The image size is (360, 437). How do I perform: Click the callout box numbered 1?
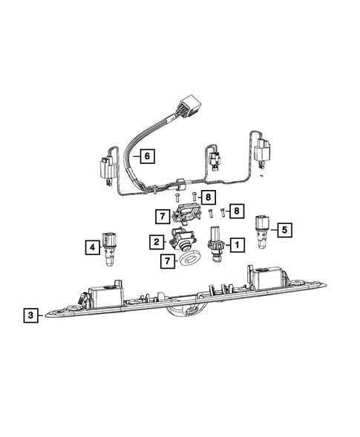click(236, 243)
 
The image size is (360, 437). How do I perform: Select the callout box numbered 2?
click(156, 242)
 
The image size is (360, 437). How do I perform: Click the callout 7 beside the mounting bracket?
click(161, 217)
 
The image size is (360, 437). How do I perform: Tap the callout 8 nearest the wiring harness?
click(209, 197)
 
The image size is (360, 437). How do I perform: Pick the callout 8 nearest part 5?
click(236, 211)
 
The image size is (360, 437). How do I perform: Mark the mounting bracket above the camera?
click(187, 215)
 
